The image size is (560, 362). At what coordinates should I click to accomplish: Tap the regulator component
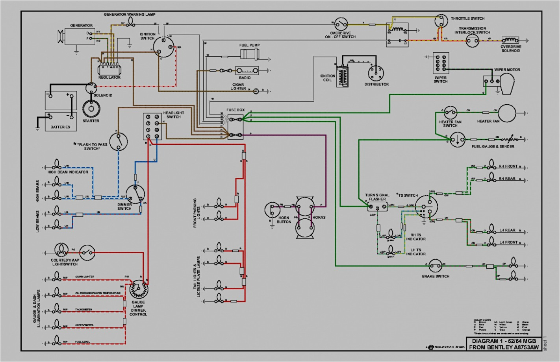click(x=109, y=70)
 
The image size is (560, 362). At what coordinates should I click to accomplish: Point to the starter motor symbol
click(x=91, y=109)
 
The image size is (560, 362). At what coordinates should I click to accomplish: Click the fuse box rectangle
click(x=235, y=126)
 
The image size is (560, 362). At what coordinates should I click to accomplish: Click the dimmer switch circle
click(x=135, y=194)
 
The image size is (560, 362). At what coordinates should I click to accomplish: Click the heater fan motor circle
click(x=507, y=113)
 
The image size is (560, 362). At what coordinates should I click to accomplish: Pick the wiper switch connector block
click(x=441, y=63)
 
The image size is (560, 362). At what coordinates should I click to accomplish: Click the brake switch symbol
click(x=435, y=266)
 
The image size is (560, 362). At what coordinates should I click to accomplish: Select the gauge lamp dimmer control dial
click(x=139, y=290)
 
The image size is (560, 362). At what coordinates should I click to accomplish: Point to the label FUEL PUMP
click(x=249, y=45)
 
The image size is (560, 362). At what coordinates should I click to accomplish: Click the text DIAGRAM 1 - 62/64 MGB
click(x=504, y=341)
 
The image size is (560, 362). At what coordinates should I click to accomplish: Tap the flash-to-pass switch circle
click(x=118, y=142)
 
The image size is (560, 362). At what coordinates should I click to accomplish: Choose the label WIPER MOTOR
click(x=507, y=70)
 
